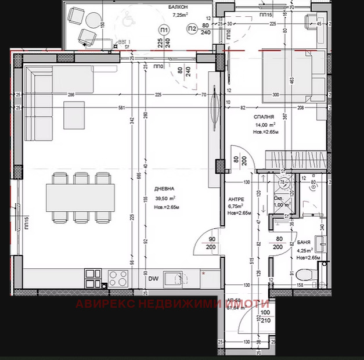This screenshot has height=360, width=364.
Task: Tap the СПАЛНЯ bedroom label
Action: click(264, 117)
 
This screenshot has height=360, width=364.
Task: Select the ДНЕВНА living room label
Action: click(165, 189)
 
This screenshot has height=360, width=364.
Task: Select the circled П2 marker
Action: click(192, 28)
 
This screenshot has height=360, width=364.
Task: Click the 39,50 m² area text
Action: click(165, 198)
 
